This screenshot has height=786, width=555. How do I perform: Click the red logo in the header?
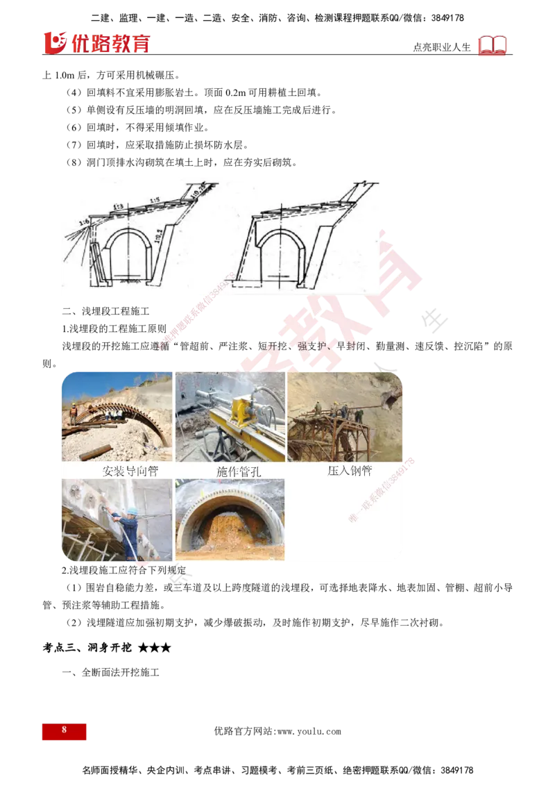pos(96,42)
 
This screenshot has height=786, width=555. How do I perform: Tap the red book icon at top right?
pos(493,46)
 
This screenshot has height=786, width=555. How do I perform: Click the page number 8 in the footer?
pos(64,731)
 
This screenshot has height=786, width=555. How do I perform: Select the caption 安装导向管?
pos(130,471)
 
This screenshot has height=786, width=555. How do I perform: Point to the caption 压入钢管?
pos(350,471)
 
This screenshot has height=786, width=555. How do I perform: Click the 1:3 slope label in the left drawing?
pos(117,206)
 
